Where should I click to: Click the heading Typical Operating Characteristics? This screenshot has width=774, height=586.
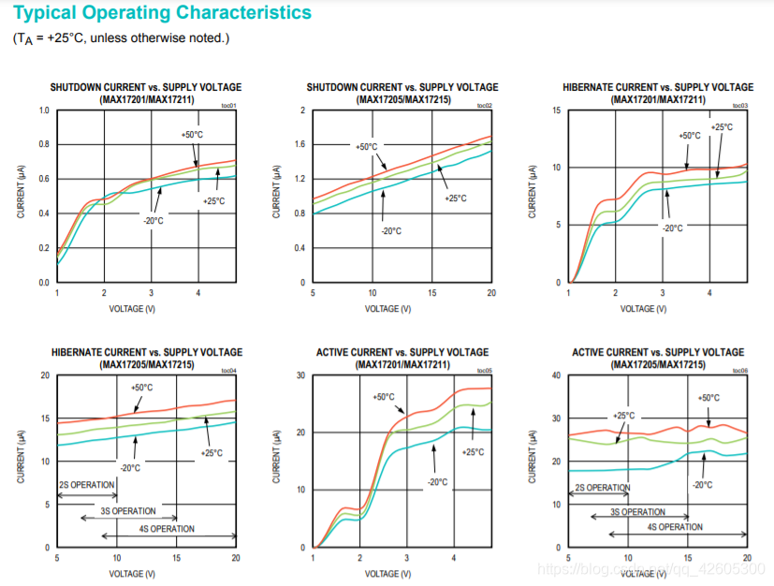tap(162, 13)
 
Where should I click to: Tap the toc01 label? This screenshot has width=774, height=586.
tap(228, 106)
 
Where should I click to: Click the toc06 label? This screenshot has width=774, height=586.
tap(739, 371)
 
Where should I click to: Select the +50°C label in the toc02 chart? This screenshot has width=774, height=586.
tap(366, 147)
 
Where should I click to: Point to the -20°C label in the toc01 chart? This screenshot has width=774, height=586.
tap(153, 221)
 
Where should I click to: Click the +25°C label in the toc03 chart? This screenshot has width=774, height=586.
tap(722, 127)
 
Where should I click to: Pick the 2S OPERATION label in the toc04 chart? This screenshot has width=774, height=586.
tap(87, 485)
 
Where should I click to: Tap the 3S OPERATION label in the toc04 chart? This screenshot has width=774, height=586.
tap(128, 511)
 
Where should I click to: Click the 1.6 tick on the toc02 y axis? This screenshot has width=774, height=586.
tap(301, 145)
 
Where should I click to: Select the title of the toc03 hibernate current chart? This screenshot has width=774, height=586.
tap(658, 93)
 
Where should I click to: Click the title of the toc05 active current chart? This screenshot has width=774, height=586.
tap(402, 358)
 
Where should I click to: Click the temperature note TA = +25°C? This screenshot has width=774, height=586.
tap(120, 38)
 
